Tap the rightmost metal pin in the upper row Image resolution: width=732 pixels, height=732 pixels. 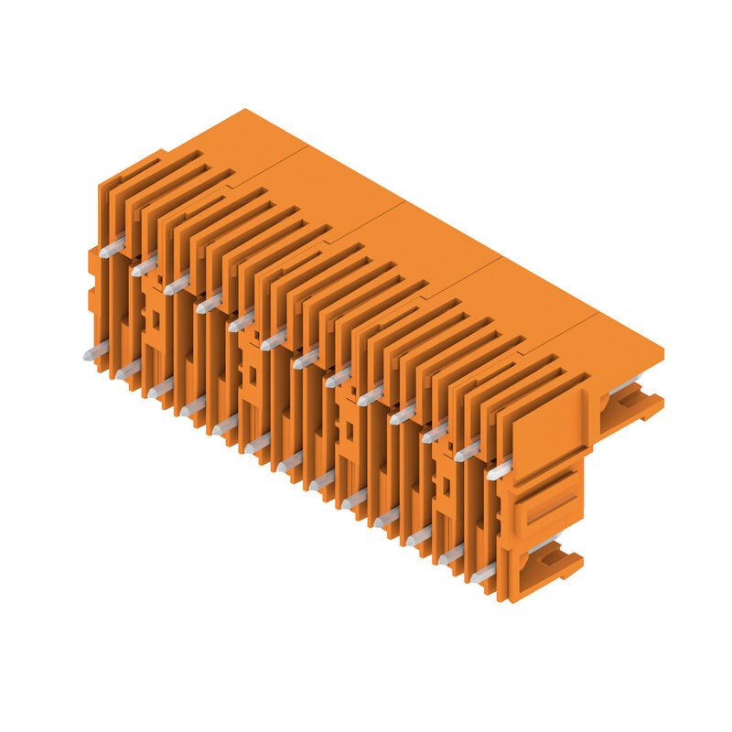point(500,471)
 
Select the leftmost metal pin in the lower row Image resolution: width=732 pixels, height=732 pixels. point(95,351)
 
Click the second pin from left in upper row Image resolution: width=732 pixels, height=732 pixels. point(144,266)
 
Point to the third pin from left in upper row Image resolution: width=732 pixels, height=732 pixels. point(177,284)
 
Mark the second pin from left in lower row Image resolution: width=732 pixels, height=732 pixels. point(127,370)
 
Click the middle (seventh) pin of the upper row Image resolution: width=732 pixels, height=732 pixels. point(306,358)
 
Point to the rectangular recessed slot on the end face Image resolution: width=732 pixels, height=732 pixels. point(551,509)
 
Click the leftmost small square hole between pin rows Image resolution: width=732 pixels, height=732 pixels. point(155,320)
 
